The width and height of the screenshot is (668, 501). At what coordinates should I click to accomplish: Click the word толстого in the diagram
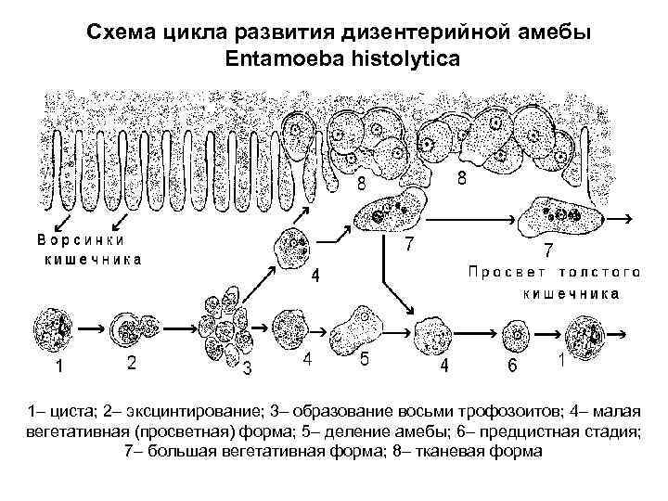tap(601, 273)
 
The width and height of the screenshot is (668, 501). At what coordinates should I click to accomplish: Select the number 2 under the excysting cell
tap(133, 365)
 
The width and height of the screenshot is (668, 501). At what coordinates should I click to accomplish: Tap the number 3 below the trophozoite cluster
tap(247, 370)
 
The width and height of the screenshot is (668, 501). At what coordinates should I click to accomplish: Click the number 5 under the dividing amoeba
tap(365, 360)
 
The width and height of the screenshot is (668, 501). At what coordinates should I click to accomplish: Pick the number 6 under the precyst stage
tap(512, 366)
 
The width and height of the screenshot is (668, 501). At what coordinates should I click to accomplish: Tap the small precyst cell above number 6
tap(515, 332)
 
